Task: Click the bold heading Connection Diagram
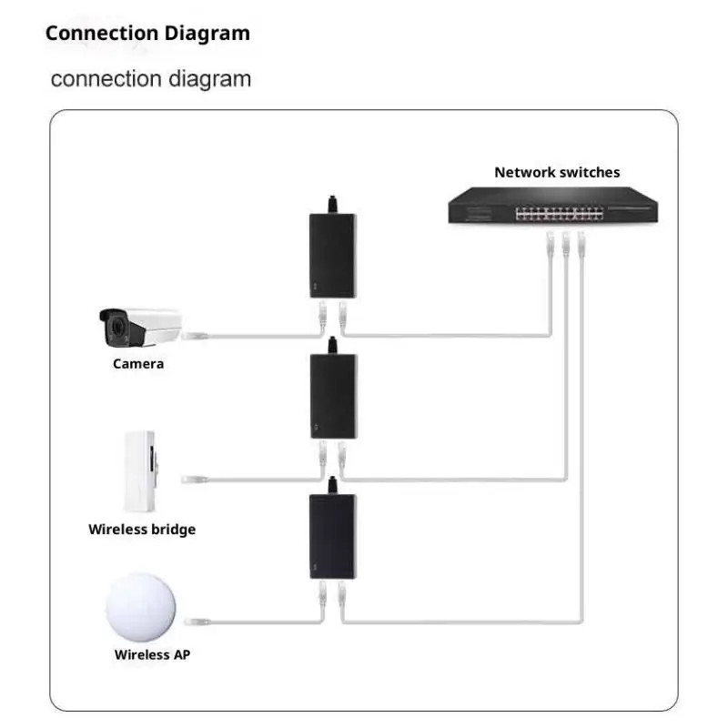click(147, 34)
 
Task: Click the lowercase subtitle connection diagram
click(151, 78)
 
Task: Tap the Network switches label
click(557, 172)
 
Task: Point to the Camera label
click(138, 364)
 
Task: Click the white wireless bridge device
click(145, 469)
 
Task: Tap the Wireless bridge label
click(142, 530)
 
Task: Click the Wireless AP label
click(153, 654)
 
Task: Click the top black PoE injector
click(332, 255)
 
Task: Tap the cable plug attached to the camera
click(194, 336)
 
